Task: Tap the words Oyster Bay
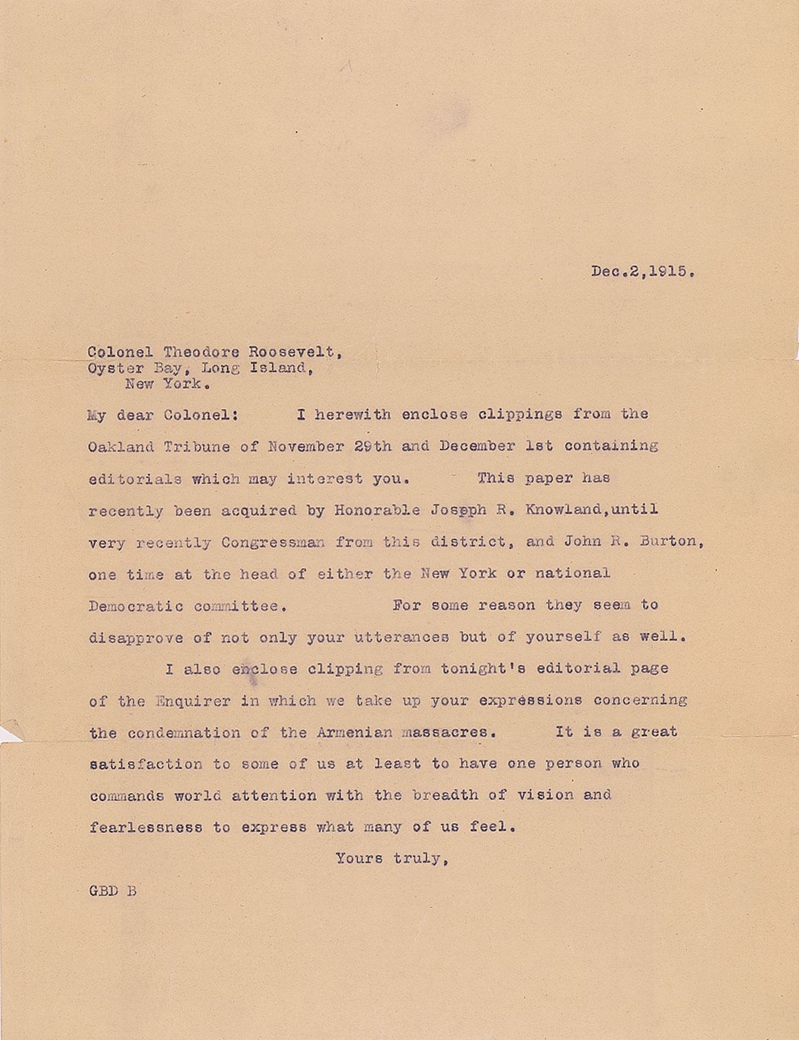(135, 369)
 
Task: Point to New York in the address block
(167, 384)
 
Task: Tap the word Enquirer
(192, 702)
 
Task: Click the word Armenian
(353, 733)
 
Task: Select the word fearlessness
(145, 827)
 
